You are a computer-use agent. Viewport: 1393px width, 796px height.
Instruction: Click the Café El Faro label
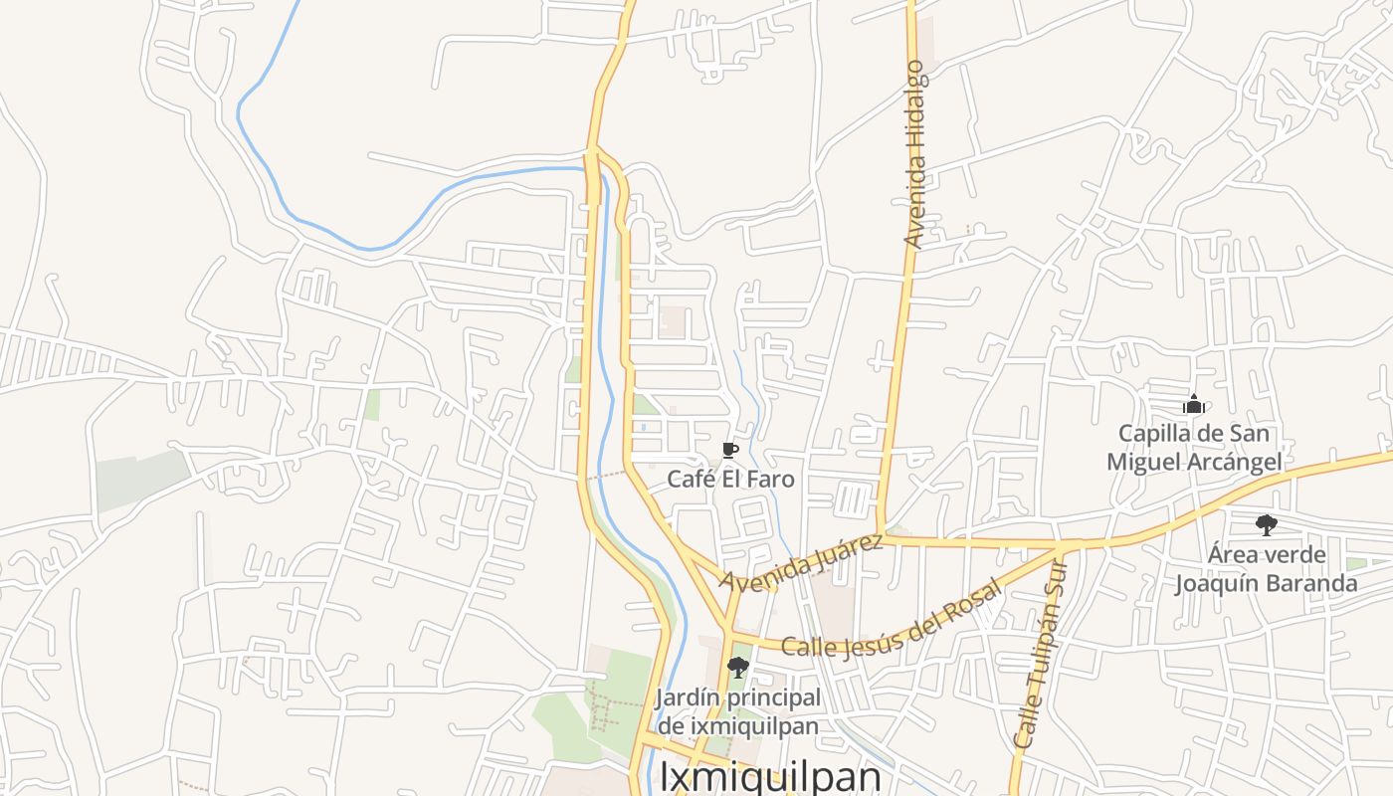[x=730, y=479]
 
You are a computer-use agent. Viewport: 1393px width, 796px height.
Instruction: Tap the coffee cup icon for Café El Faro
[x=730, y=451]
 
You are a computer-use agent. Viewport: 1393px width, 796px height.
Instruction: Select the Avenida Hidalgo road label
[x=914, y=154]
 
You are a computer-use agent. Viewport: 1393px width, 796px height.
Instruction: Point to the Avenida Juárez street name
[x=802, y=563]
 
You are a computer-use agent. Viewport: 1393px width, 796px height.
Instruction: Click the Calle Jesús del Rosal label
[x=891, y=619]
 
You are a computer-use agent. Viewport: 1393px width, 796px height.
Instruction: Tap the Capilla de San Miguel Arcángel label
[x=1194, y=448]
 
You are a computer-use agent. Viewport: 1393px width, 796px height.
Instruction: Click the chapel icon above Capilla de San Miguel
[x=1194, y=404]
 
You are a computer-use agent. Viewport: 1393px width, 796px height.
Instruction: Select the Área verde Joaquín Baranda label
[x=1267, y=568]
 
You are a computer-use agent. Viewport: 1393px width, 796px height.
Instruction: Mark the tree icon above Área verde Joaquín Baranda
[x=1266, y=524]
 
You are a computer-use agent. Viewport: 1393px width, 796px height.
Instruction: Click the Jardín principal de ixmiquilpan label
[x=737, y=711]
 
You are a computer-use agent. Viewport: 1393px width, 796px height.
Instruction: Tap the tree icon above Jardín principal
[x=737, y=667]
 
